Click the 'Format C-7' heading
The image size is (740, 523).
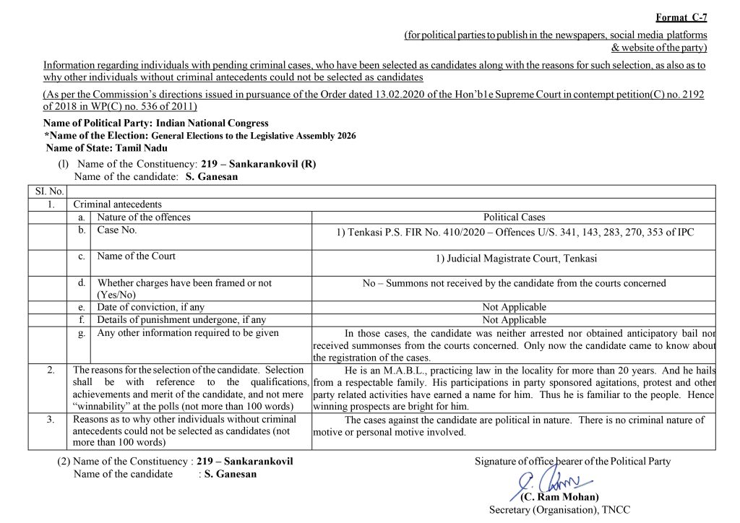click(x=681, y=17)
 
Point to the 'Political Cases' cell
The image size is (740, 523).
click(x=514, y=217)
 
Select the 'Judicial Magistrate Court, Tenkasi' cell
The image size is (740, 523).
click(x=514, y=259)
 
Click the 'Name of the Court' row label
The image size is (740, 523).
click(x=136, y=256)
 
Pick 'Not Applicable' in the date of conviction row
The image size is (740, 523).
click(x=514, y=307)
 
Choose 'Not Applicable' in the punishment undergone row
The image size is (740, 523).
click(x=514, y=320)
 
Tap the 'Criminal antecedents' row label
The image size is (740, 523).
click(x=117, y=204)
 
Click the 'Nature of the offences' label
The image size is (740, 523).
click(x=144, y=217)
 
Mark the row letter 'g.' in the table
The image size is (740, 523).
click(x=82, y=333)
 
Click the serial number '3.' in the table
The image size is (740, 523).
click(x=51, y=419)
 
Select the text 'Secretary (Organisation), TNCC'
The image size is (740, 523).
click(x=559, y=510)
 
